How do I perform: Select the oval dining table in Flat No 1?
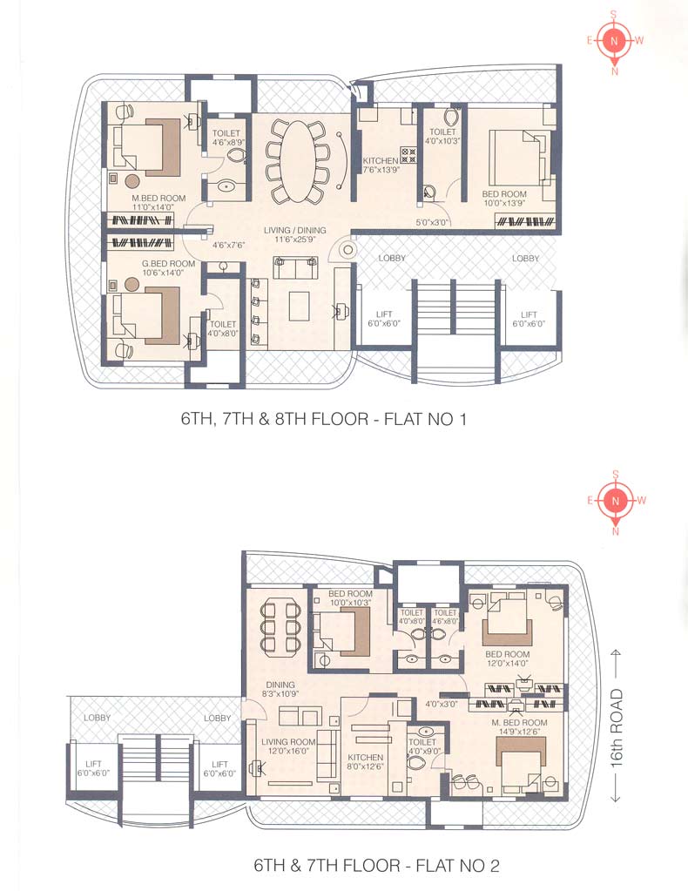[296, 160]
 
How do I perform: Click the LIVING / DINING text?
[295, 231]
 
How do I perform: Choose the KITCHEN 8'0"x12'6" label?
[364, 763]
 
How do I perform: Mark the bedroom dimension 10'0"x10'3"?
[350, 602]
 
